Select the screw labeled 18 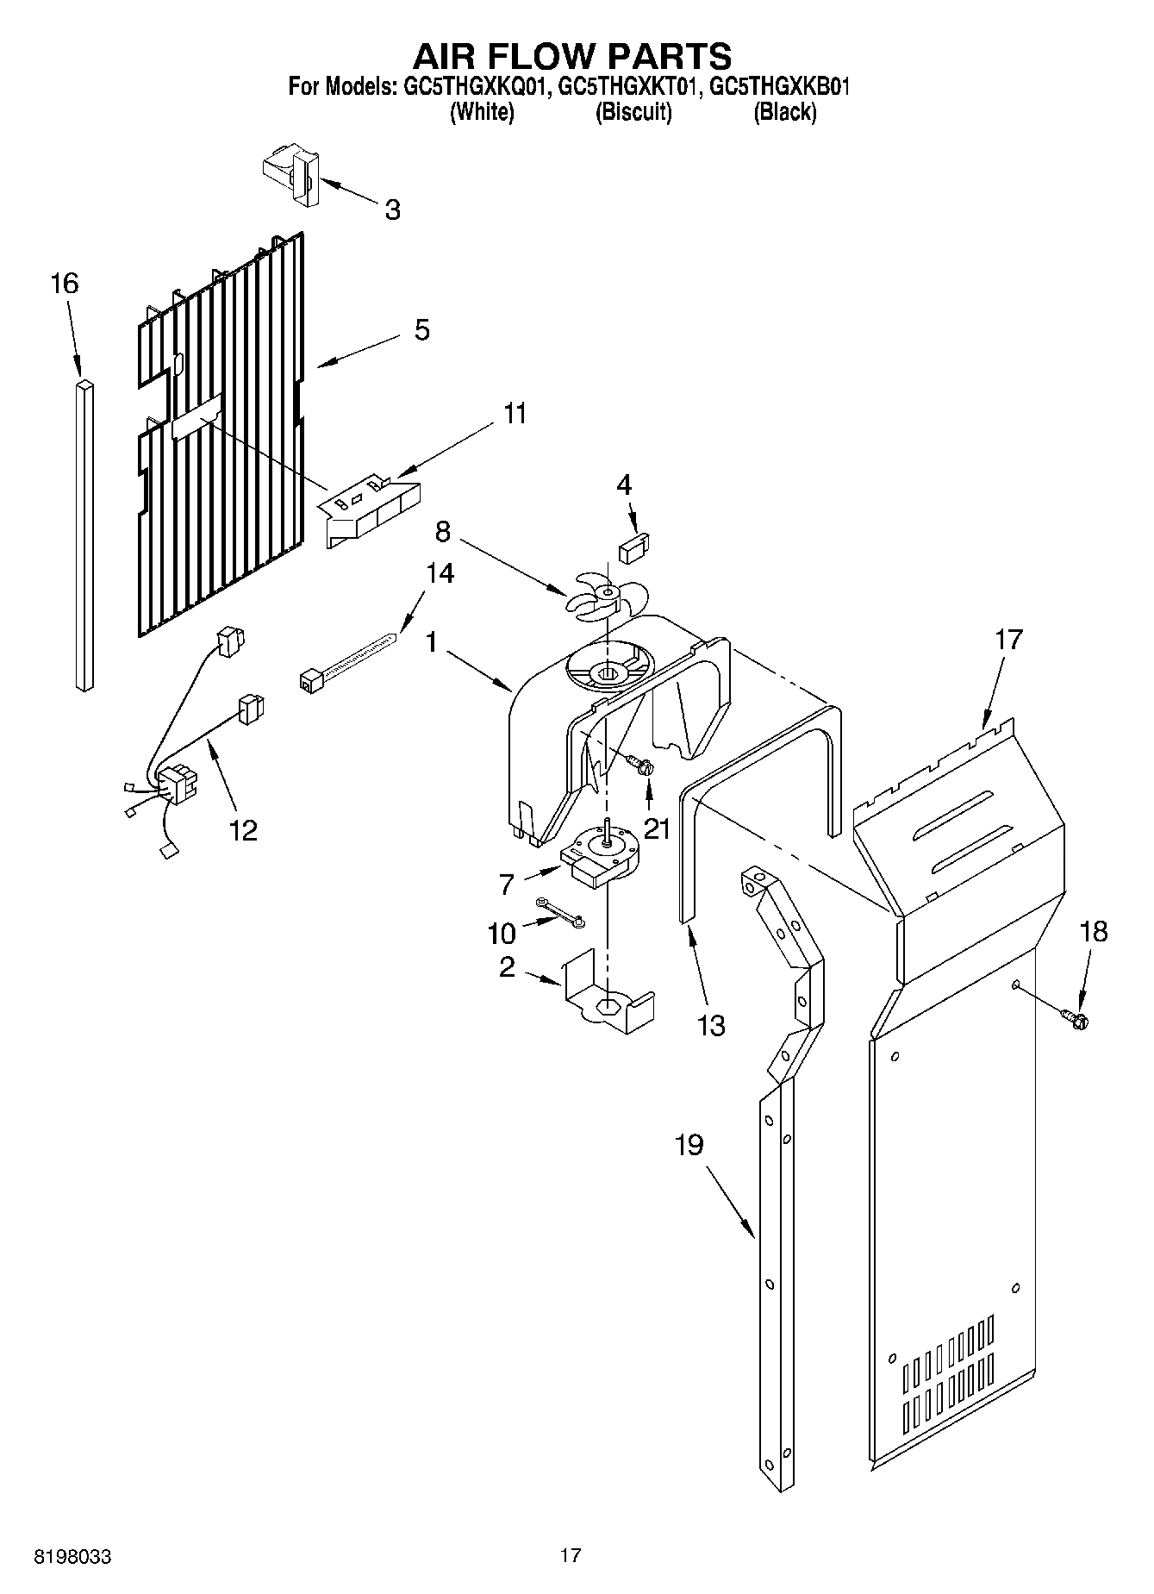pyautogui.click(x=1076, y=1020)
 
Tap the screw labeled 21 pyautogui.click(x=640, y=764)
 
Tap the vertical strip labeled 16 pyautogui.click(x=84, y=534)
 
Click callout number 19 pyautogui.click(x=689, y=1146)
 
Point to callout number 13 pyautogui.click(x=712, y=1026)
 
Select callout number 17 pyautogui.click(x=1008, y=640)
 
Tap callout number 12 pyautogui.click(x=243, y=830)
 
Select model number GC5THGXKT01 pyautogui.click(x=626, y=87)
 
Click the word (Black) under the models pyautogui.click(x=784, y=112)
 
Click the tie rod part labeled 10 pyautogui.click(x=560, y=913)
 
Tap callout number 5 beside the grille pyautogui.click(x=421, y=330)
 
